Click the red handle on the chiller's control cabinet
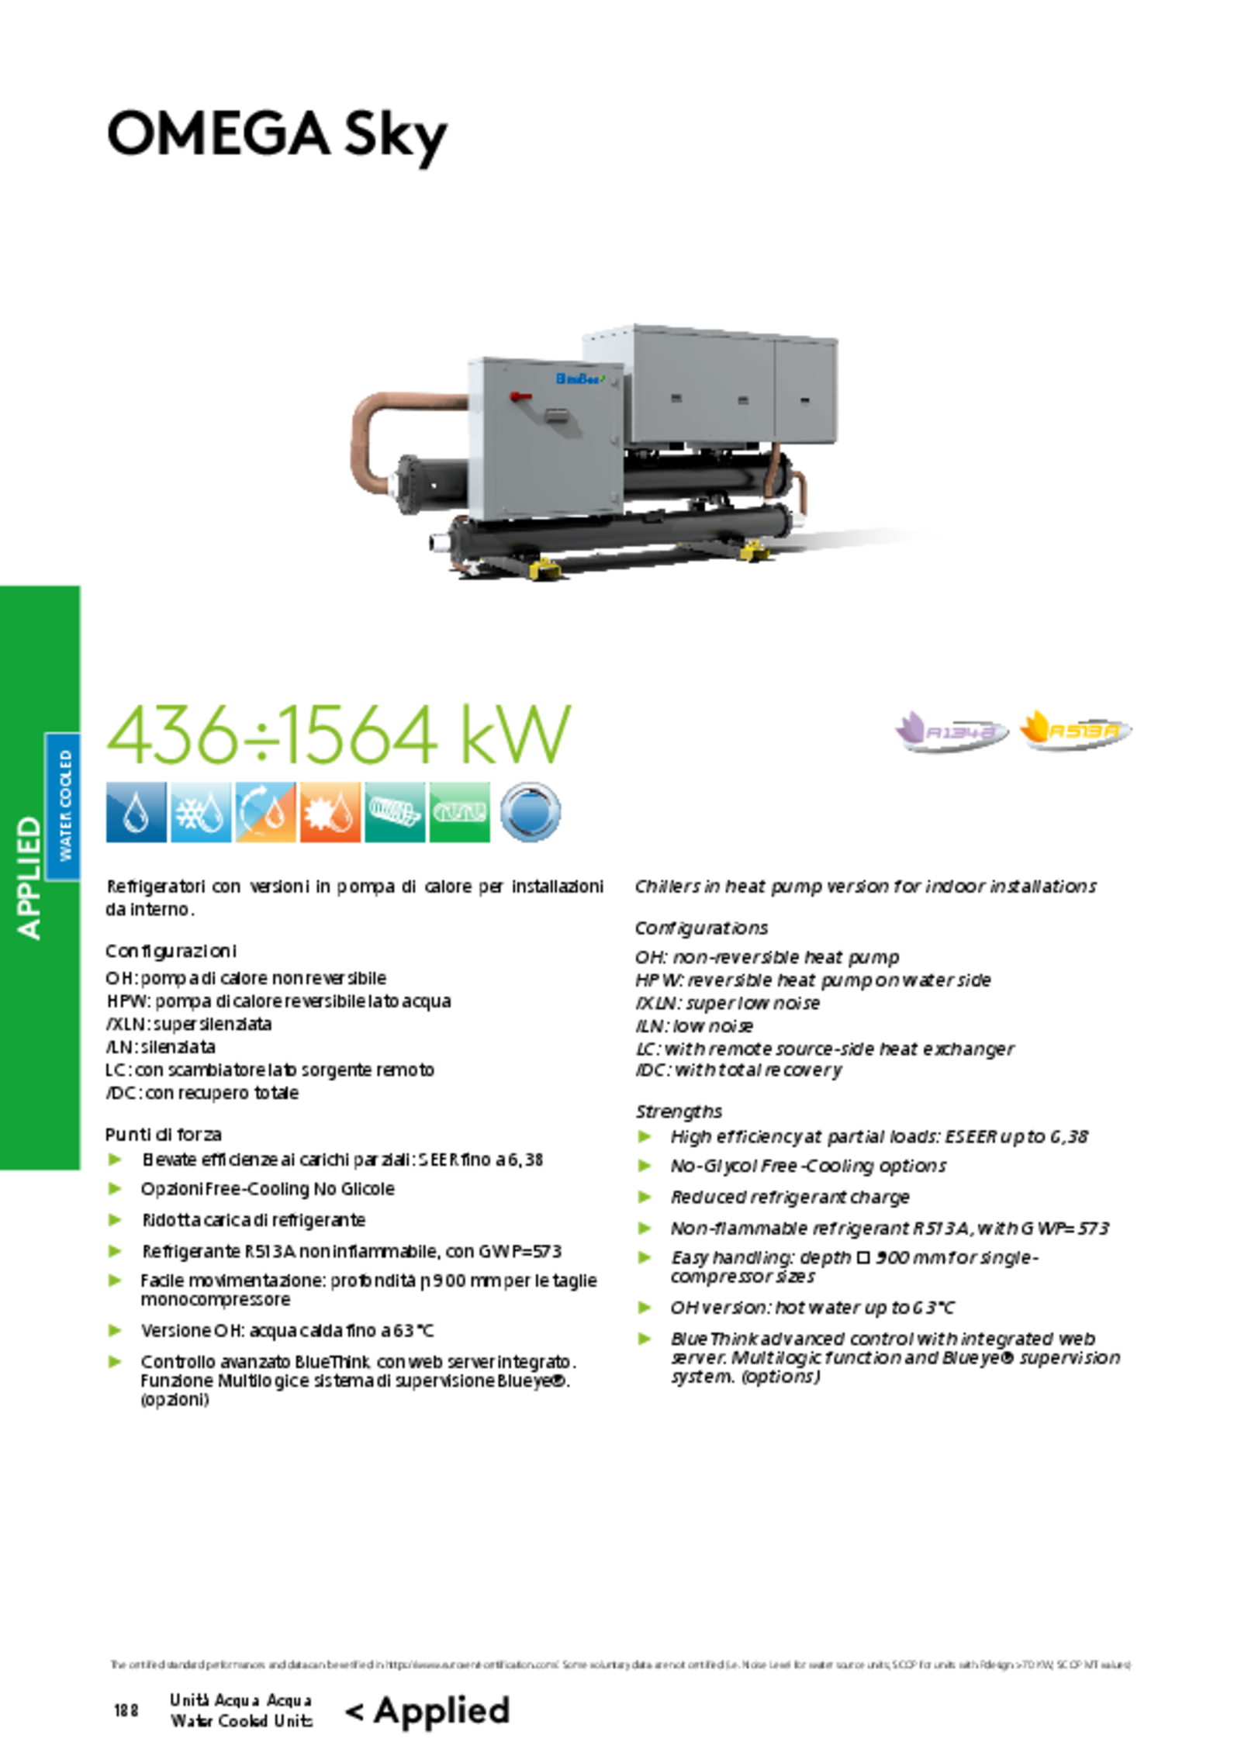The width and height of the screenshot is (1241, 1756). (x=520, y=397)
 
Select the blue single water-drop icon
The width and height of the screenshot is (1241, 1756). (x=136, y=812)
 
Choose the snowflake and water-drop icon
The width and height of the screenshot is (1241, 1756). (x=200, y=812)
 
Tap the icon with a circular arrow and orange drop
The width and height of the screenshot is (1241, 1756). (x=265, y=812)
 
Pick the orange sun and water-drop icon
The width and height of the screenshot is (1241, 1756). (x=330, y=812)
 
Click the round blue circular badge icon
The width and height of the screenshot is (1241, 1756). (x=531, y=812)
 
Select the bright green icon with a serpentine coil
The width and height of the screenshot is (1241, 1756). (x=460, y=812)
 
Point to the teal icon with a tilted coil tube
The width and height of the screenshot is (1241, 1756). (x=395, y=812)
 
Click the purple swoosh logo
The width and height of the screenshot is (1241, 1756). (x=951, y=730)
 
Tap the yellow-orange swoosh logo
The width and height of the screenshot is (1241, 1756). (x=1075, y=730)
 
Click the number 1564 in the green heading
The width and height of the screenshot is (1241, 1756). (x=358, y=735)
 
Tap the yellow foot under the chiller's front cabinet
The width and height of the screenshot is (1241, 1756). (x=544, y=569)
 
